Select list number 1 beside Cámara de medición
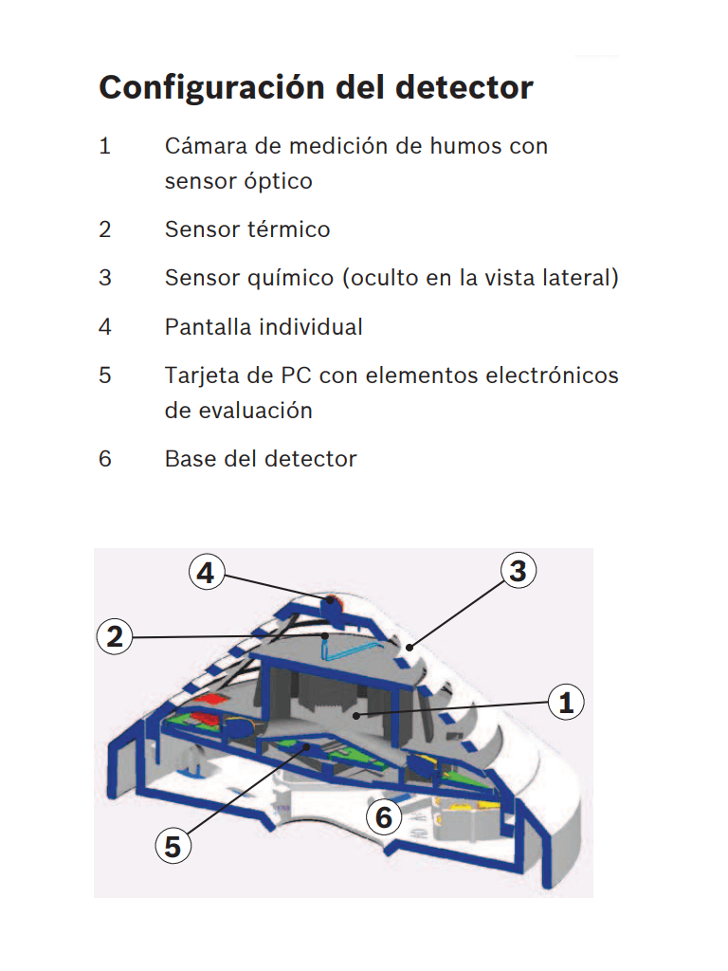click(105, 147)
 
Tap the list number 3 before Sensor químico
click(105, 278)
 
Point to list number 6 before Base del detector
click(105, 459)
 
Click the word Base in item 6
click(189, 459)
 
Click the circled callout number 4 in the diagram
click(208, 573)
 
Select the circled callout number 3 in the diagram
click(518, 571)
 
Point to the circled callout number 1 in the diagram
click(566, 703)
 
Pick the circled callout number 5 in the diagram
click(173, 846)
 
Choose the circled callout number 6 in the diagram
click(384, 815)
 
